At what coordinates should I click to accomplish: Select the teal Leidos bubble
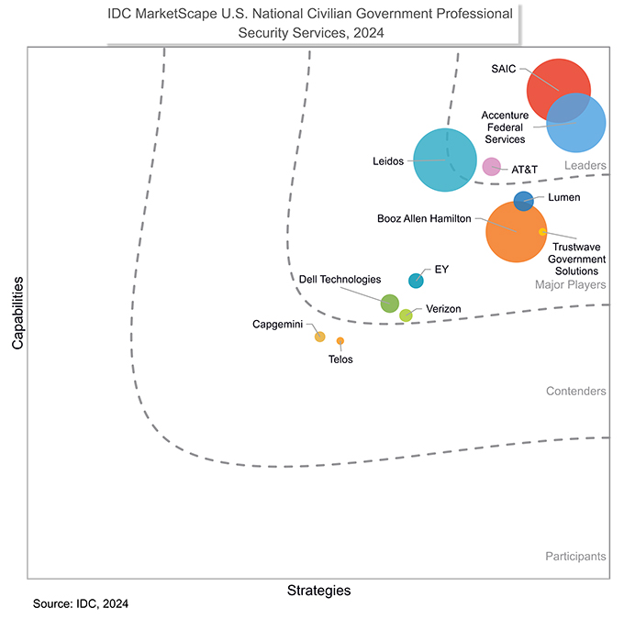(x=446, y=160)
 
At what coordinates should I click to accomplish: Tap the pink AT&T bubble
(x=492, y=167)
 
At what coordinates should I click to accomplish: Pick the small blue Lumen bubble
(x=523, y=201)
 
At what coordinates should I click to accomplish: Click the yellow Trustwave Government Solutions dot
(x=542, y=232)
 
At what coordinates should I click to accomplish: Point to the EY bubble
(x=416, y=281)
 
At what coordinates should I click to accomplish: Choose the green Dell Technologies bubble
(x=389, y=304)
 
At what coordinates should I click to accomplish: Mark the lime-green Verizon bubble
(x=406, y=315)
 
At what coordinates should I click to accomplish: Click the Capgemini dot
(x=320, y=337)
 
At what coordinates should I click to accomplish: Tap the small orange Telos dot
(x=340, y=341)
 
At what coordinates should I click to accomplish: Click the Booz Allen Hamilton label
(x=424, y=219)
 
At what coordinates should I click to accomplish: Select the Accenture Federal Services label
(x=505, y=127)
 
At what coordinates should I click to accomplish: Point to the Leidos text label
(x=387, y=161)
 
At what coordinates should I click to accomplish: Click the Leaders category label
(x=585, y=165)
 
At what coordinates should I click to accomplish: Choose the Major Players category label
(x=570, y=285)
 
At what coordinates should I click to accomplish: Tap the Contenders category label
(x=575, y=392)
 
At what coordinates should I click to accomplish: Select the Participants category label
(x=574, y=557)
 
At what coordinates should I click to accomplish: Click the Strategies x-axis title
(x=318, y=591)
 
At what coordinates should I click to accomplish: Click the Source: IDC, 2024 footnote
(x=80, y=604)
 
